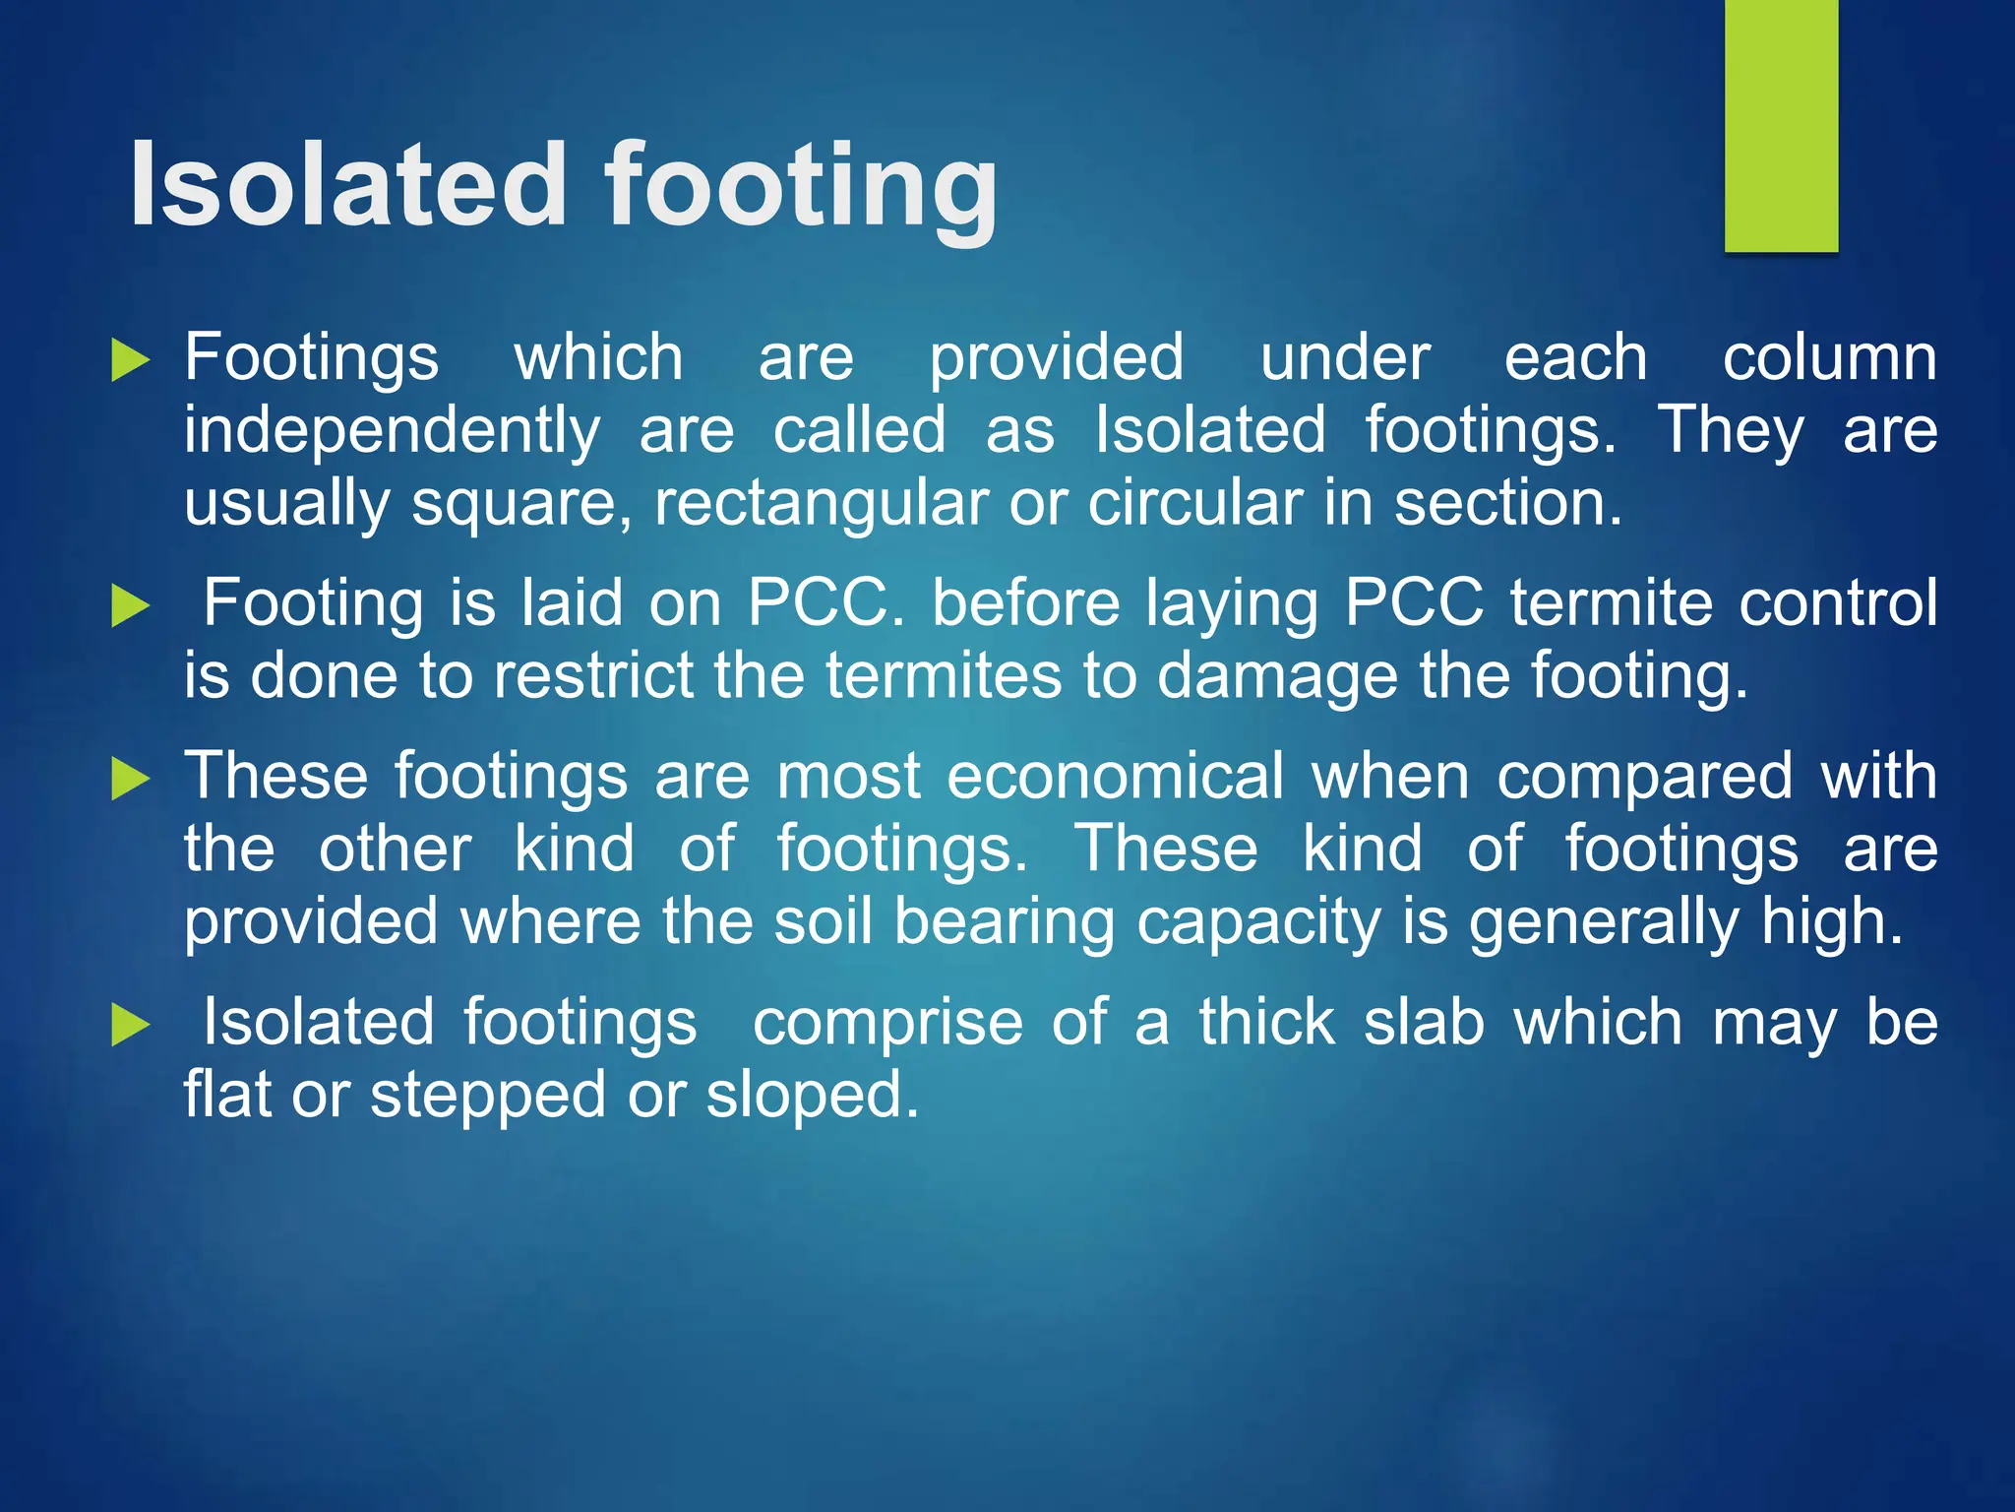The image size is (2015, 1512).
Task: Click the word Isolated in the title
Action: (348, 185)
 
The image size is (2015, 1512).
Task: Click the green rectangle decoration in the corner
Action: (1781, 125)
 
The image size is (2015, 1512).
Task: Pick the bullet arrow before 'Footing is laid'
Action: (130, 604)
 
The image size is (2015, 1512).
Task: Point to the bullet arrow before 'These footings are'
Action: (130, 779)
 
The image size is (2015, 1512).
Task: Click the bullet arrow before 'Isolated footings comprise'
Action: (130, 1025)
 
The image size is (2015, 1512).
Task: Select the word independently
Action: (392, 431)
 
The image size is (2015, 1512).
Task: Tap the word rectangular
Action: (821, 504)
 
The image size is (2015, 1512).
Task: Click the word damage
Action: (1276, 677)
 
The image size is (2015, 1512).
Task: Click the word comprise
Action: (887, 1023)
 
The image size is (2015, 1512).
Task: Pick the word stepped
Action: (487, 1096)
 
